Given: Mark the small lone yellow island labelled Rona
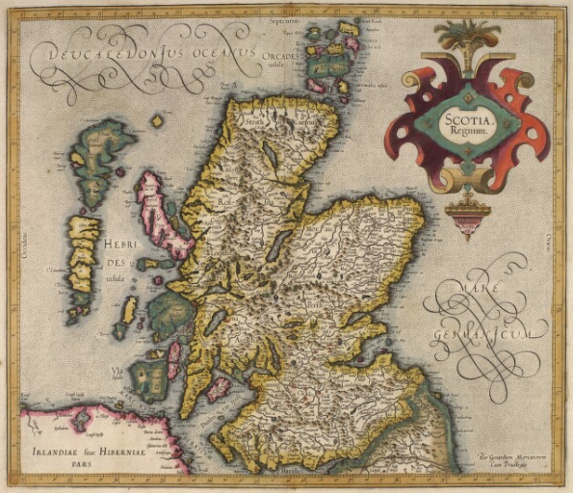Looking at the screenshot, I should point(157,121).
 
